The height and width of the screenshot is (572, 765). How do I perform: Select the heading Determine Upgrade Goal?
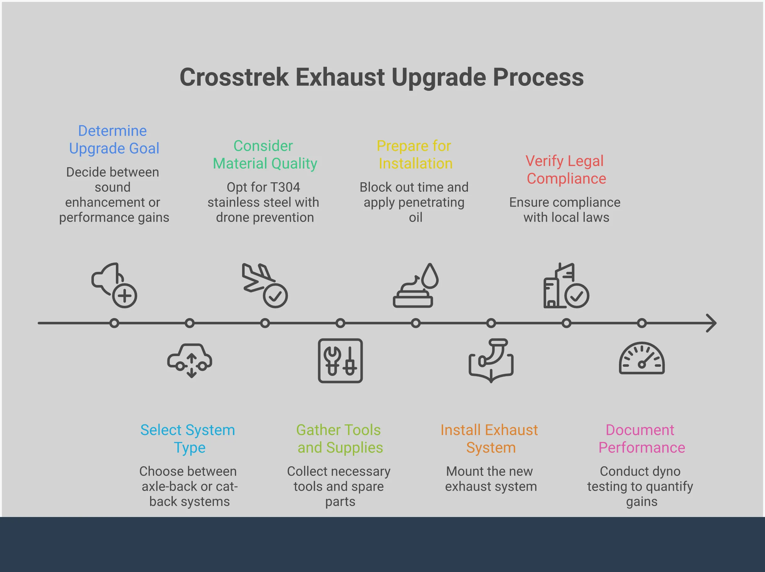114,140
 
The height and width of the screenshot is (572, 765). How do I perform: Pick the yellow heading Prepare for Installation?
415,155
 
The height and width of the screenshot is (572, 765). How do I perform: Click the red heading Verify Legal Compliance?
566,170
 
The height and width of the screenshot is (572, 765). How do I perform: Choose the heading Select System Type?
188,438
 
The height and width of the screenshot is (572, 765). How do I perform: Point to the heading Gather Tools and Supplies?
339,438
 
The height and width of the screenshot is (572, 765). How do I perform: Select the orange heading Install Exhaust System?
490,438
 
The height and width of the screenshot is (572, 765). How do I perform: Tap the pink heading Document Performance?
641,438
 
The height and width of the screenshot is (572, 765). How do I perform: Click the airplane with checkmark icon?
264,285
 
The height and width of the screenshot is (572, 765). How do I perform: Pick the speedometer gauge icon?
642,359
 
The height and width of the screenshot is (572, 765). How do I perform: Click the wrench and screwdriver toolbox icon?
340,360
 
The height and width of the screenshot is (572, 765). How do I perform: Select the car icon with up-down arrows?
190,360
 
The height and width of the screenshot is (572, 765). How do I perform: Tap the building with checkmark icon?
566,286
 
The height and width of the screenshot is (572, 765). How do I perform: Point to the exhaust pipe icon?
491,360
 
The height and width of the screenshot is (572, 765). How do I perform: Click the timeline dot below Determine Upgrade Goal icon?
114,323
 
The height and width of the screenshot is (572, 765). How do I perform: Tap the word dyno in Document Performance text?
667,471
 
